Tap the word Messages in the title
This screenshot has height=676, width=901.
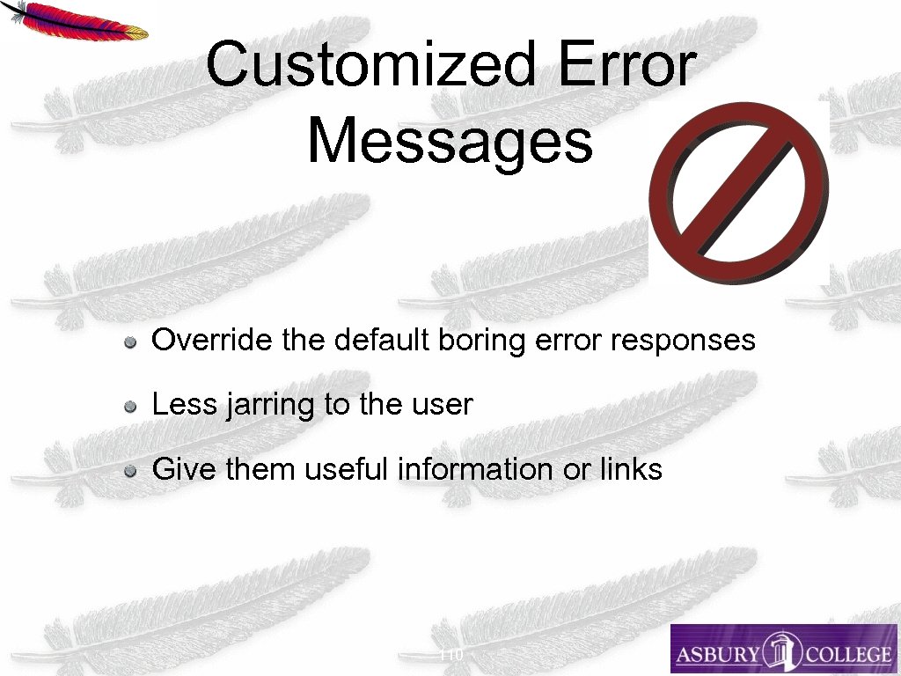pos(450,140)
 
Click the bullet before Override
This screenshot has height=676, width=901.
pos(129,342)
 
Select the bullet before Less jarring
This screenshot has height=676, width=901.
pos(129,407)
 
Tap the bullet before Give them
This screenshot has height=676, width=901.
pos(129,471)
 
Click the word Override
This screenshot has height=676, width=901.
pos(213,340)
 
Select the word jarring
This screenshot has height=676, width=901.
pos(260,406)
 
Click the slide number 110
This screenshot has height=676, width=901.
pos(450,654)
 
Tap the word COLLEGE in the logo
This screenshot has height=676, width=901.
pos(842,655)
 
